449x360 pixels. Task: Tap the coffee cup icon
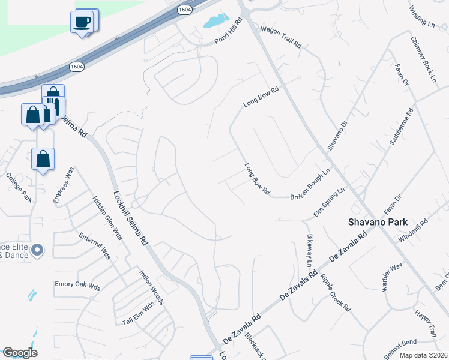click(x=82, y=22)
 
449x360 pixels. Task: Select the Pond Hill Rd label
click(x=229, y=31)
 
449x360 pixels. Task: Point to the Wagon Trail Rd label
click(x=280, y=37)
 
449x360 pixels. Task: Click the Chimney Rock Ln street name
click(x=423, y=58)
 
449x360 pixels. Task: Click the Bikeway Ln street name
click(x=310, y=251)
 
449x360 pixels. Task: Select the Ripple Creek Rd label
click(x=336, y=293)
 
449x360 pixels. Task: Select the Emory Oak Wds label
click(x=77, y=285)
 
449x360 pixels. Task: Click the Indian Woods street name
click(x=151, y=287)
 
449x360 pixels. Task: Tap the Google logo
click(x=20, y=353)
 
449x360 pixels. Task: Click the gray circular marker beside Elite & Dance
click(x=37, y=249)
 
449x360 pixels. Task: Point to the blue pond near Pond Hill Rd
click(x=214, y=22)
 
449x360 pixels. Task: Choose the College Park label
click(x=19, y=188)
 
